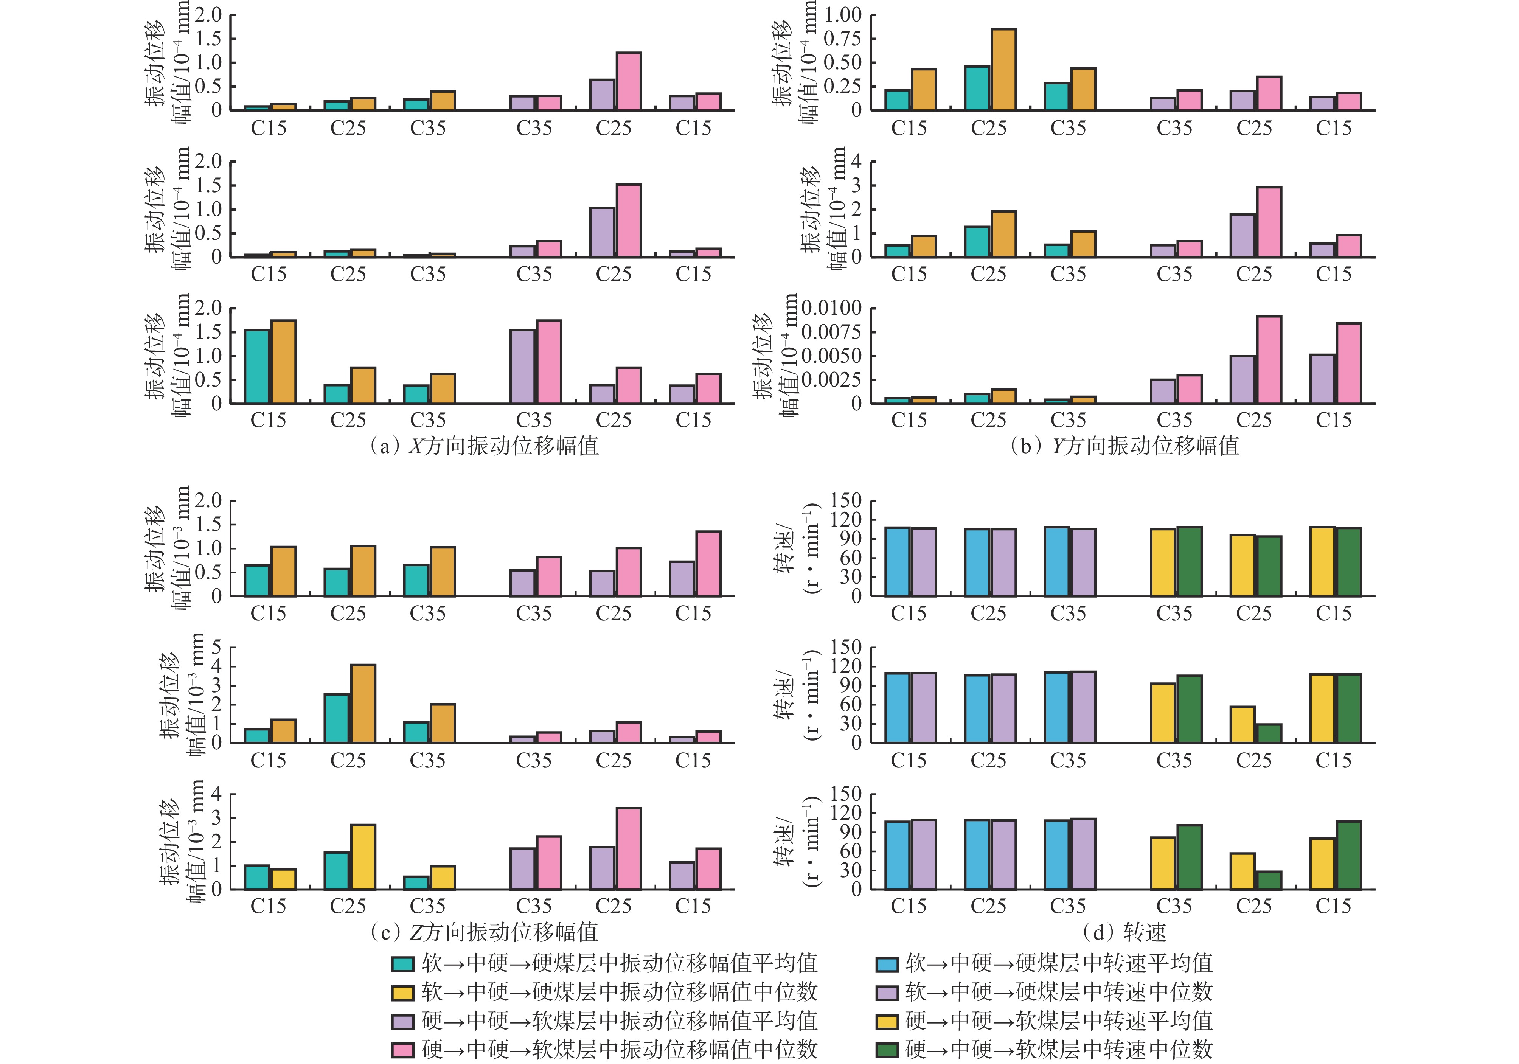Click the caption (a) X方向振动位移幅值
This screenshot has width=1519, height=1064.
pos(484,446)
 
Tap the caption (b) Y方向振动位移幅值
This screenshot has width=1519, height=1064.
pos(1124,446)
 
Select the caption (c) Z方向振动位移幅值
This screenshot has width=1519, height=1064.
pos(484,932)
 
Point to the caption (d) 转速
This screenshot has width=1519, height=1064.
pos(1124,932)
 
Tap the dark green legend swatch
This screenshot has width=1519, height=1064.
pos(887,1050)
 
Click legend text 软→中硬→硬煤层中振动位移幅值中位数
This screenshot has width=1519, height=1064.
pos(619,992)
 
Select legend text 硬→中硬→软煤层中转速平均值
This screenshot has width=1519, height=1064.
pos(1059,1021)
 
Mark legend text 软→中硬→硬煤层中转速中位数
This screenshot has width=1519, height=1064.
pos(1059,992)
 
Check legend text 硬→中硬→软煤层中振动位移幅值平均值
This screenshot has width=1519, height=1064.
pos(619,1021)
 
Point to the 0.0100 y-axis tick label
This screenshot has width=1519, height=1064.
pos(832,308)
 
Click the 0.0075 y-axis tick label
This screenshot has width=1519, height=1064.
pos(832,332)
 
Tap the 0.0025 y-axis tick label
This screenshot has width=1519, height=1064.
pos(832,380)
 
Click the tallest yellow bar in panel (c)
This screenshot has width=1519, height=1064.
pos(363,857)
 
